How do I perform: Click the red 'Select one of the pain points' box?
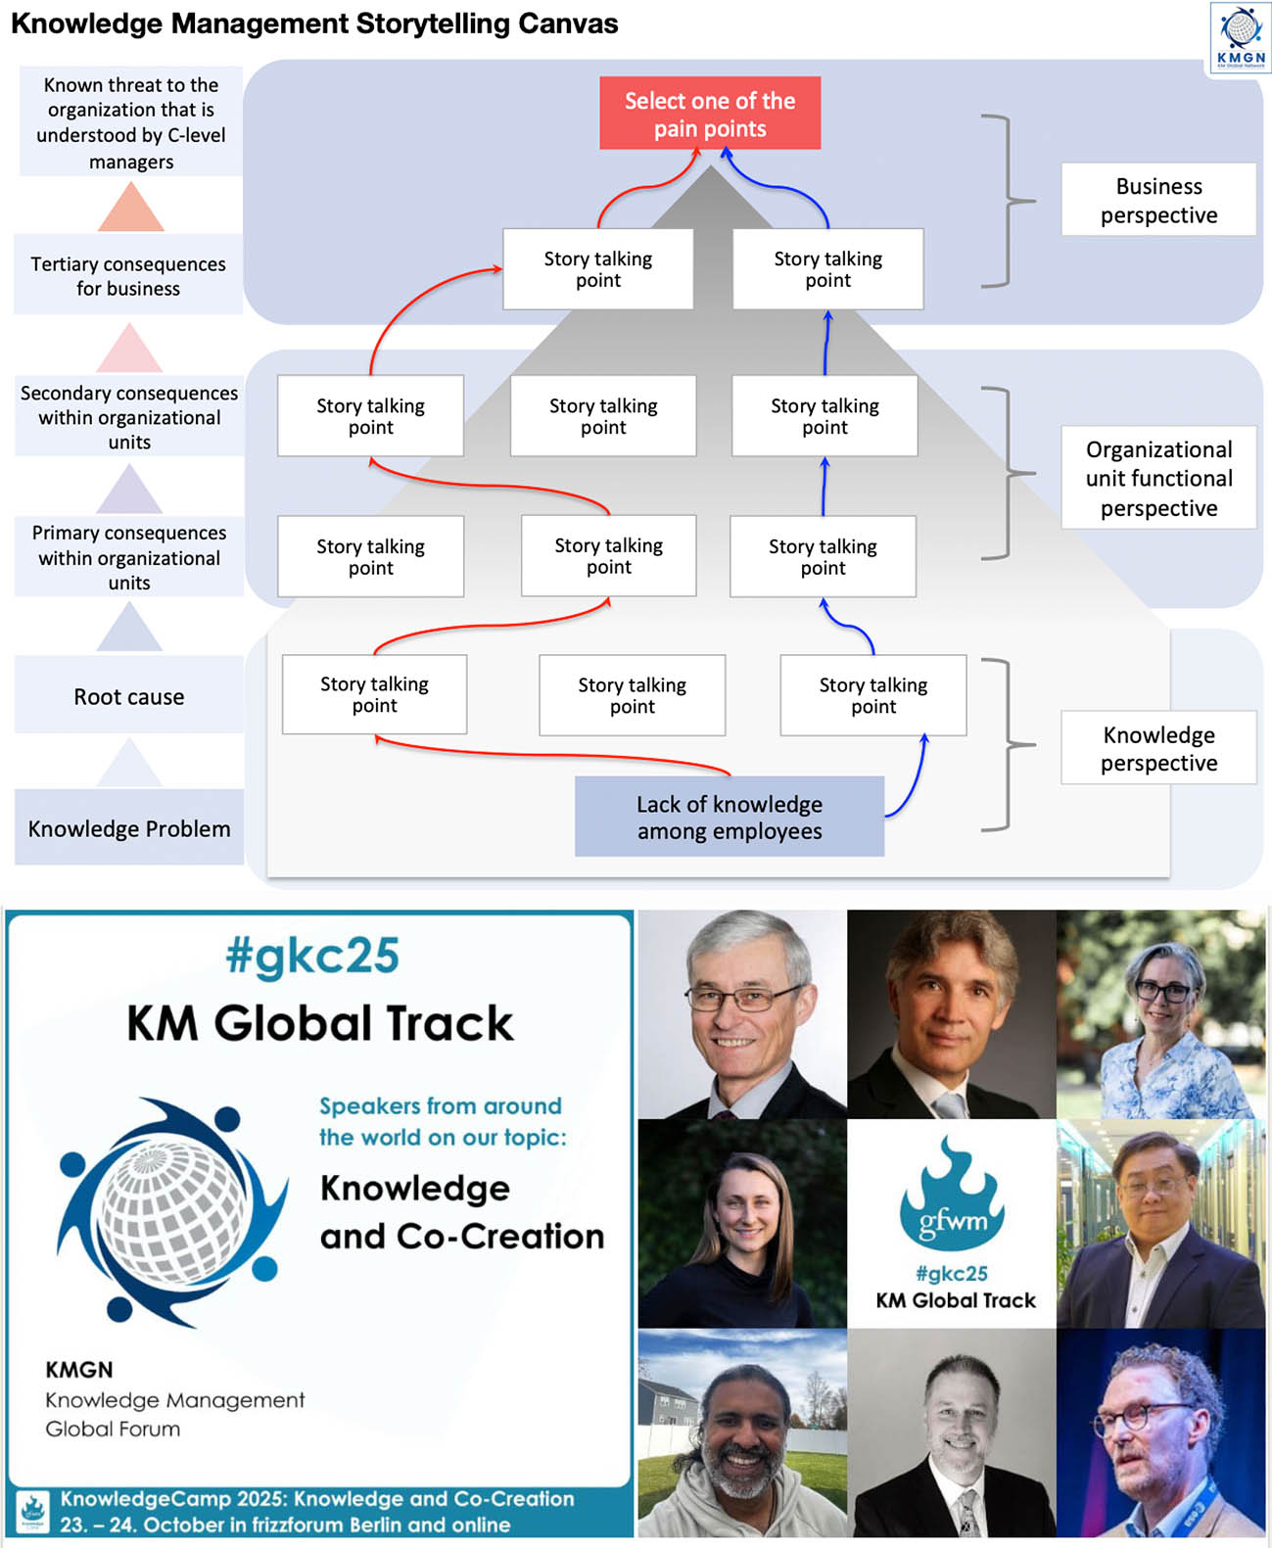[710, 114]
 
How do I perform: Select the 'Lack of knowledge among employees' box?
[729, 817]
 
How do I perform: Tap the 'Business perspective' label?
[1158, 200]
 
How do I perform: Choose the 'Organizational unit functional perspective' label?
[1158, 478]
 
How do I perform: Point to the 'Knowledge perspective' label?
[1158, 748]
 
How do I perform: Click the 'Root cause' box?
[128, 696]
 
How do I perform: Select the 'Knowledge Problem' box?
[128, 828]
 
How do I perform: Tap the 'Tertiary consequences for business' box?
[128, 275]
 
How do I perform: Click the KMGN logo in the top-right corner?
[1240, 37]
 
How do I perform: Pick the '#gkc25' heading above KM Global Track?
[312, 956]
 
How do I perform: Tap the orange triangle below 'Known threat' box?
[130, 208]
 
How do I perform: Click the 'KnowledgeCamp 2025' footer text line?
[317, 1499]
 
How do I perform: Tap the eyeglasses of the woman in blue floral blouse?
[1162, 991]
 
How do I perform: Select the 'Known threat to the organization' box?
[130, 122]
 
